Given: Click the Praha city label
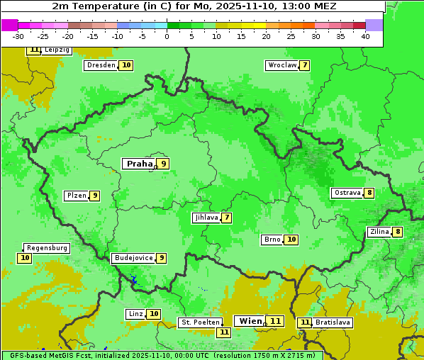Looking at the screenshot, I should pyautogui.click(x=139, y=164).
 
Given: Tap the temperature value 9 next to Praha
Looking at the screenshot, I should pyautogui.click(x=163, y=164).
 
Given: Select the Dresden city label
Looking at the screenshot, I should pyautogui.click(x=100, y=65).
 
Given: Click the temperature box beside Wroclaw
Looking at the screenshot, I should pyautogui.click(x=304, y=65).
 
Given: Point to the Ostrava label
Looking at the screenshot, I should pyautogui.click(x=347, y=193).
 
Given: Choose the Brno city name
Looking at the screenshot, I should pyautogui.click(x=272, y=240).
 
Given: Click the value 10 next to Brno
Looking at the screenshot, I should pyautogui.click(x=291, y=240).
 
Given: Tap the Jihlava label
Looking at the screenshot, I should pyautogui.click(x=206, y=218).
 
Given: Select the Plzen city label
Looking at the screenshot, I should pyautogui.click(x=76, y=196).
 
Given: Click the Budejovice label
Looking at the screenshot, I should pyautogui.click(x=133, y=258).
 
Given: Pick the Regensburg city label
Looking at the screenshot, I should pyautogui.click(x=47, y=248).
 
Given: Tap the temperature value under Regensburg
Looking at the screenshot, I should pyautogui.click(x=25, y=258).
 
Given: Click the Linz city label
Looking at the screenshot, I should pyautogui.click(x=135, y=314).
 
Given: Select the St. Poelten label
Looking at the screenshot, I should pyautogui.click(x=200, y=322).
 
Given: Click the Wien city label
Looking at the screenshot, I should pyautogui.click(x=250, y=321).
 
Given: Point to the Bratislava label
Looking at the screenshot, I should pyautogui.click(x=333, y=322).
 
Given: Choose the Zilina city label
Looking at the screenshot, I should pyautogui.click(x=379, y=232).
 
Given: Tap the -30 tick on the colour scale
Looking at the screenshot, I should pyautogui.click(x=18, y=36).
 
